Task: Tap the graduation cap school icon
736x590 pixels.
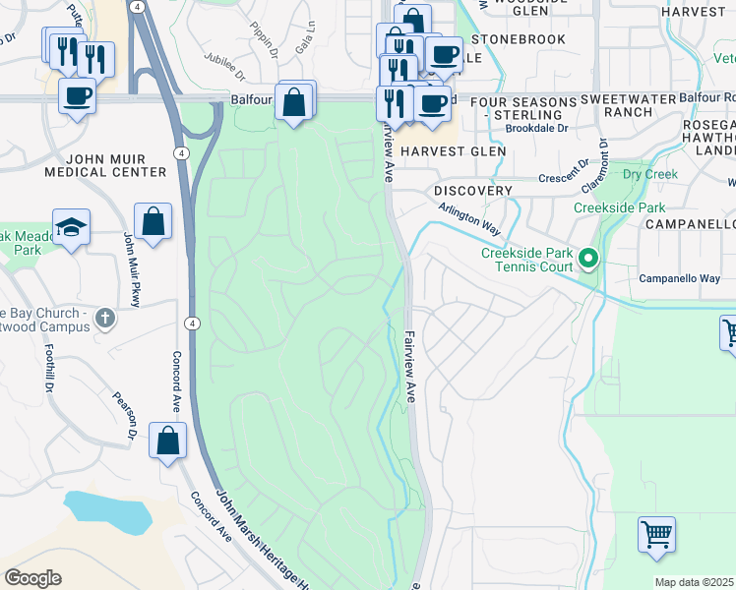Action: click(71, 228)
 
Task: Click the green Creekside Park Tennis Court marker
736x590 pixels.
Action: click(588, 260)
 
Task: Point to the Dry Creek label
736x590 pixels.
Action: click(651, 175)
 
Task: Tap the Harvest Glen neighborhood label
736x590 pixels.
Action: click(454, 151)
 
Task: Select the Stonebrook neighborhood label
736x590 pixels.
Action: click(519, 39)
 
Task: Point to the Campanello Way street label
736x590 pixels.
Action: click(679, 278)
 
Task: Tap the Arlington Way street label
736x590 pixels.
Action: click(471, 223)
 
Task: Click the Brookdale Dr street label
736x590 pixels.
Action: click(537, 128)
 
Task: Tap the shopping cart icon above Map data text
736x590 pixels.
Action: click(656, 536)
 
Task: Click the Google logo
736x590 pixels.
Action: click(32, 578)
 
